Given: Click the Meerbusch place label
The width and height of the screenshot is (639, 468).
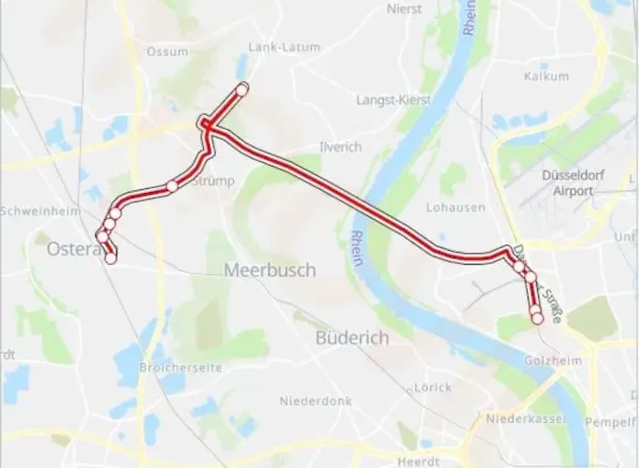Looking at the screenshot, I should [x=269, y=271].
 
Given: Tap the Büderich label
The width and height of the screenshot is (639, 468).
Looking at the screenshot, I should [x=352, y=338].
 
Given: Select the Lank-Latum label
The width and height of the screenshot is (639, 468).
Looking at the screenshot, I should [x=279, y=47].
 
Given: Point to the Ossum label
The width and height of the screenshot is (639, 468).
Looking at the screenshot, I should [x=167, y=51].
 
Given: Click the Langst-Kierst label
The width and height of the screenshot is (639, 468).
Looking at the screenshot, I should [x=391, y=99].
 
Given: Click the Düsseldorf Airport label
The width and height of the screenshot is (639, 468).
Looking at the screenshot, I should [x=567, y=183].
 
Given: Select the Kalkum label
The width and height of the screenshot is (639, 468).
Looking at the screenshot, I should [x=547, y=76].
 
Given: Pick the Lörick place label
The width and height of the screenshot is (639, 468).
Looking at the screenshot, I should [x=432, y=387].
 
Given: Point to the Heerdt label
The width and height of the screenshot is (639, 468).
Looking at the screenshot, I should [x=418, y=461].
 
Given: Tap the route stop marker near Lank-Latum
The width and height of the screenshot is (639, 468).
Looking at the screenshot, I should [x=242, y=89].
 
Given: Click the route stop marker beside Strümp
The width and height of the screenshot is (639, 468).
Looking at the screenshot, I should [x=171, y=186].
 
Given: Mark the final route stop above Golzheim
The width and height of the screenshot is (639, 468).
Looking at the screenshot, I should [x=537, y=319].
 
